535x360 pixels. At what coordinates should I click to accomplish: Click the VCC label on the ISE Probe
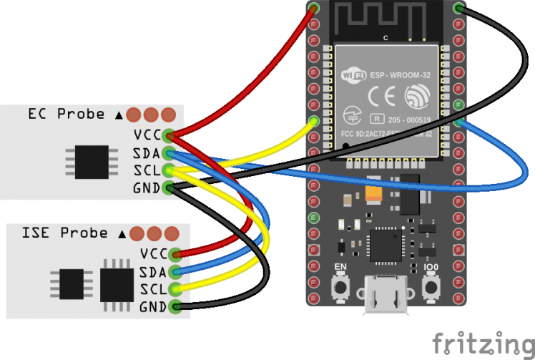tap(152, 253)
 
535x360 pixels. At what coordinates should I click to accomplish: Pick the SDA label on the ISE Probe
tap(152, 271)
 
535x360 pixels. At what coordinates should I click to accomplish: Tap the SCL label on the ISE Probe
tap(152, 289)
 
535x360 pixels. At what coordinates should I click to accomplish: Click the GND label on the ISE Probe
tap(152, 307)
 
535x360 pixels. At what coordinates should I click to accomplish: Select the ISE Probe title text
tap(65, 233)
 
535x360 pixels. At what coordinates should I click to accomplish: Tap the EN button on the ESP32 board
tap(341, 288)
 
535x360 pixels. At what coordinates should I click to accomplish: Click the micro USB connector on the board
tap(386, 296)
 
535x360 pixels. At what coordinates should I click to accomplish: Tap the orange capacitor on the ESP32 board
tap(373, 195)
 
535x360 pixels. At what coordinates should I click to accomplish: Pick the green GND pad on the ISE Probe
tap(177, 308)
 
